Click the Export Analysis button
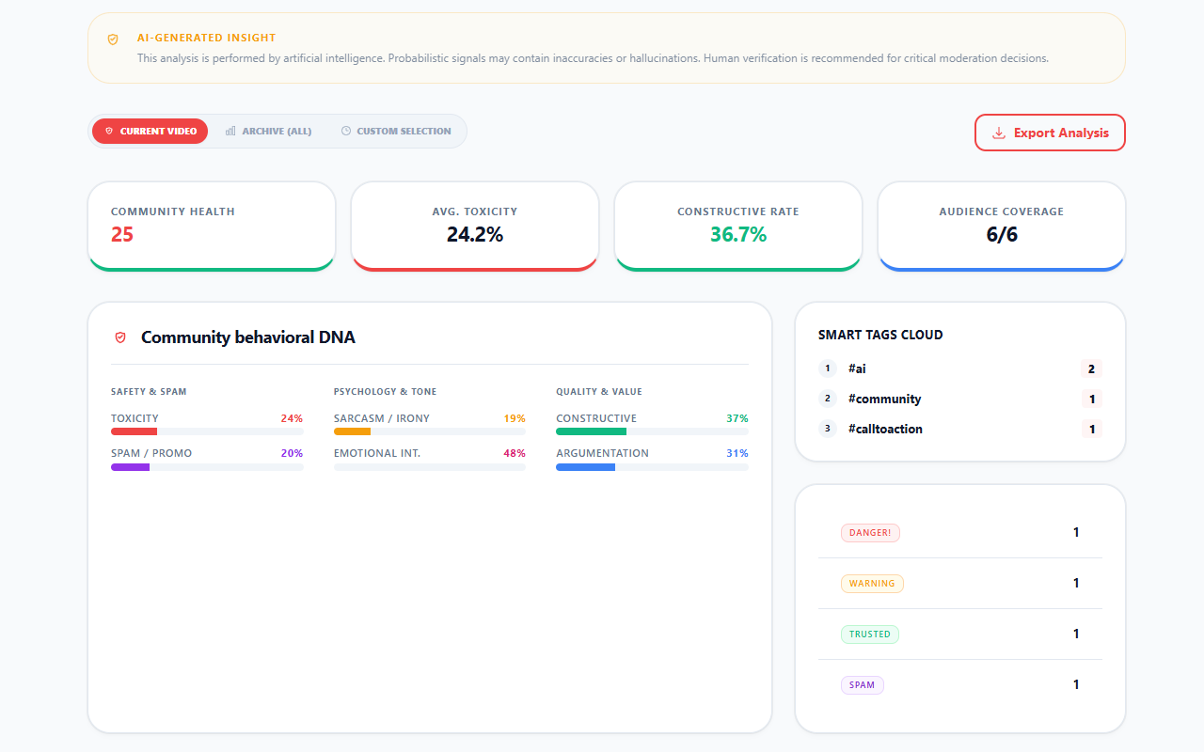click(1050, 133)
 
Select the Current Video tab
click(150, 131)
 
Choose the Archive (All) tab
click(268, 131)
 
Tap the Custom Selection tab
click(395, 131)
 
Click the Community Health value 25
click(122, 235)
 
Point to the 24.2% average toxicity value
click(475, 235)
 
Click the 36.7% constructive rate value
click(738, 235)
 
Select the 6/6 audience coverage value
click(1002, 235)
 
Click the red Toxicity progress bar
click(135, 431)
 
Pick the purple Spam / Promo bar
click(131, 466)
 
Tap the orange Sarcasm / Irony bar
click(353, 431)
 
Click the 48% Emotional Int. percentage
click(514, 453)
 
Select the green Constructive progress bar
click(591, 431)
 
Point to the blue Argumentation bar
click(585, 466)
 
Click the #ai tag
click(857, 368)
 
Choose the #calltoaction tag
click(885, 429)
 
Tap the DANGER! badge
click(870, 533)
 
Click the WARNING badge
click(872, 584)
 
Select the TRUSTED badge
click(869, 634)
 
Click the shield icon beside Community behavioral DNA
click(120, 337)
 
